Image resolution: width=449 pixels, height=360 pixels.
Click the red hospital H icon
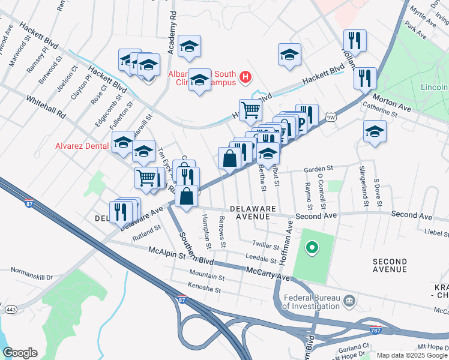(x=245, y=77)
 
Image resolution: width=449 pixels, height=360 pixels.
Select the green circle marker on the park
(x=312, y=247)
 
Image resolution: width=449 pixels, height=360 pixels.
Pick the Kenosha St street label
(x=205, y=290)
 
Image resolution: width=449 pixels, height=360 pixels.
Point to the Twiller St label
(x=266, y=246)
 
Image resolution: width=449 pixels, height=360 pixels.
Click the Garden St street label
(x=318, y=169)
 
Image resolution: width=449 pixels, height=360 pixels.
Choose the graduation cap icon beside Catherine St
(x=375, y=131)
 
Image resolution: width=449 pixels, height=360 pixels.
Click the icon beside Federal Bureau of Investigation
(x=349, y=300)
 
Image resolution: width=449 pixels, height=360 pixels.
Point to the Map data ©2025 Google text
(x=412, y=355)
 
